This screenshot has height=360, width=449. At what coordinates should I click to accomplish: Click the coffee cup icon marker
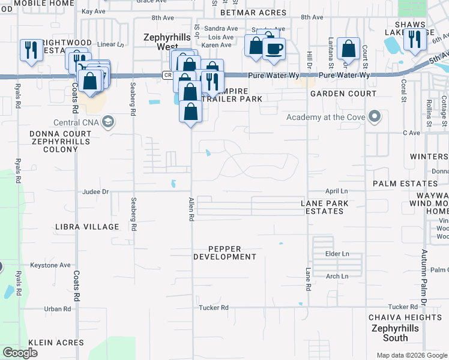[x=274, y=49]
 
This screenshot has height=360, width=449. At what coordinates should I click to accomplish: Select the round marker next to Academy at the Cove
[x=375, y=116]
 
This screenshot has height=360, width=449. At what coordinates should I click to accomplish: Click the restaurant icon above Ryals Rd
[x=30, y=50]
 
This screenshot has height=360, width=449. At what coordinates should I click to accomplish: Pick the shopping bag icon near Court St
[x=348, y=49]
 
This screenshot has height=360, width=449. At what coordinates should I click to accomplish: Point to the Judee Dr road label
[x=95, y=192]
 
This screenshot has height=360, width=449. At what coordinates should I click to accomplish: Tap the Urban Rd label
[x=58, y=309]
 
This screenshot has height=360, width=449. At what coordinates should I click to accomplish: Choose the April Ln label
[x=336, y=191]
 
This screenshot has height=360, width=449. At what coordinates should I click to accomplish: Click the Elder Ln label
[x=337, y=254]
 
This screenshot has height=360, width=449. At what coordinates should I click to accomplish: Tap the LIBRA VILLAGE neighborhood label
[x=86, y=227]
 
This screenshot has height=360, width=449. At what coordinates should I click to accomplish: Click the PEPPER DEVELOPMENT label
[x=224, y=253]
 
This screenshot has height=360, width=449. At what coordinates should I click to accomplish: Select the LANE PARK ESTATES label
[x=325, y=208]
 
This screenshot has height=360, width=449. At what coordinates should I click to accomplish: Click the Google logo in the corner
[x=20, y=353]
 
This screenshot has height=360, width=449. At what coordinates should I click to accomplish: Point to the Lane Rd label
[x=308, y=280]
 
